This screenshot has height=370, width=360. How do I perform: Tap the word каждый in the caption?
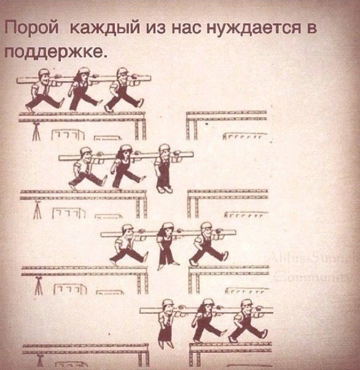(102, 28)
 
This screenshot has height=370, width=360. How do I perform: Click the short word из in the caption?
(153, 28)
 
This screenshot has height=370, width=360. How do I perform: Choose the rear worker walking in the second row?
(87, 167)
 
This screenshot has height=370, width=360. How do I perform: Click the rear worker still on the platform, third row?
(126, 244)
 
